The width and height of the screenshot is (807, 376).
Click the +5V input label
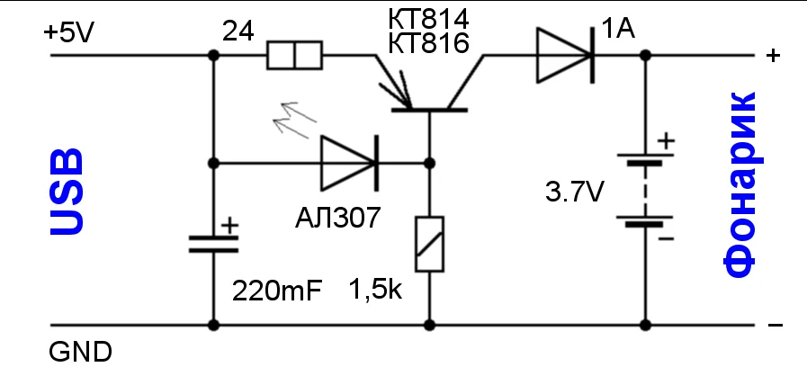(x=68, y=33)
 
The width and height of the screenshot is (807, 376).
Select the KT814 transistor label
(x=429, y=18)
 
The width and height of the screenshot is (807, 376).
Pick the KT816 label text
(x=429, y=43)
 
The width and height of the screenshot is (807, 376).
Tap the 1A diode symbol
(x=565, y=54)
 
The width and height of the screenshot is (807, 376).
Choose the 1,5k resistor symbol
(x=428, y=245)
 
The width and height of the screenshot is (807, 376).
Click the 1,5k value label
(x=376, y=291)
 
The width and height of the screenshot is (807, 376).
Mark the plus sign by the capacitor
(x=230, y=221)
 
